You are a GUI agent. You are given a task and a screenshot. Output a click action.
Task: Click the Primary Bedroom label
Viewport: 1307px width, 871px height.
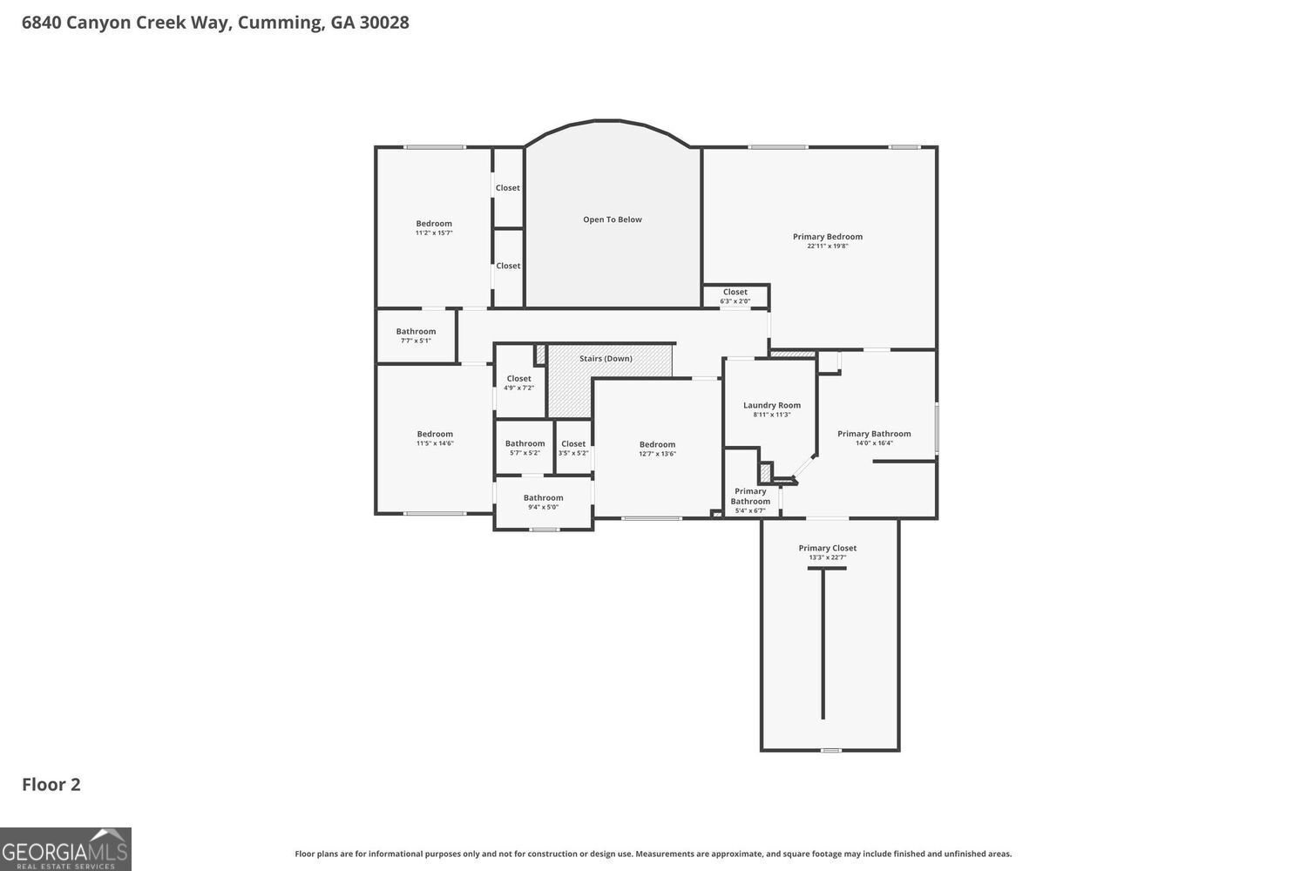(827, 237)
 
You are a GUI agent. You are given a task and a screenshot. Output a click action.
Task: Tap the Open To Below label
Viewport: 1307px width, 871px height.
(613, 219)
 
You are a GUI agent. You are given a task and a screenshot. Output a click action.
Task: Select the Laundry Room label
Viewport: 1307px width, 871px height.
(771, 405)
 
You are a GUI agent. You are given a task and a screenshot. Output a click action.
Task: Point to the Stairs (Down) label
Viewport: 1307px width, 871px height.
(606, 359)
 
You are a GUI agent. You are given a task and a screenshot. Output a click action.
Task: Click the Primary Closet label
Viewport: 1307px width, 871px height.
(827, 548)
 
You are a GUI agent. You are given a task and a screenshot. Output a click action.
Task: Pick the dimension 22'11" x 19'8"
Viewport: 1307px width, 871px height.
(827, 246)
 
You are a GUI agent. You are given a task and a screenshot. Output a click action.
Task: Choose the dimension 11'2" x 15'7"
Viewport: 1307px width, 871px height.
(434, 233)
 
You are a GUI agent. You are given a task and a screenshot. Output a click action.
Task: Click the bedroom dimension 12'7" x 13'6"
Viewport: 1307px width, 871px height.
(657, 454)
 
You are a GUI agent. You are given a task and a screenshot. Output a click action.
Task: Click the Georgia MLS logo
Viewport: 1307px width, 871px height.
(65, 849)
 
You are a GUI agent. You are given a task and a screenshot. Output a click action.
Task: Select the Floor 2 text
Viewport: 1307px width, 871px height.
(51, 784)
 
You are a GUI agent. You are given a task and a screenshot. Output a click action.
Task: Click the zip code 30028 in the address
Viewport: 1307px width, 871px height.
(384, 23)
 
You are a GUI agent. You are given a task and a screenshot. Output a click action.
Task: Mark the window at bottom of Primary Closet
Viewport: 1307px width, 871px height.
(831, 750)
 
